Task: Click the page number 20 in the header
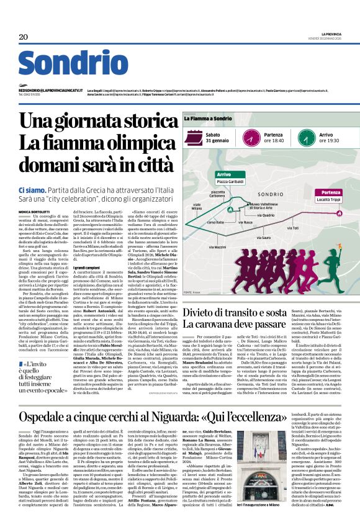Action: point(24,37)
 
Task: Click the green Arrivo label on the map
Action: point(224,174)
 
